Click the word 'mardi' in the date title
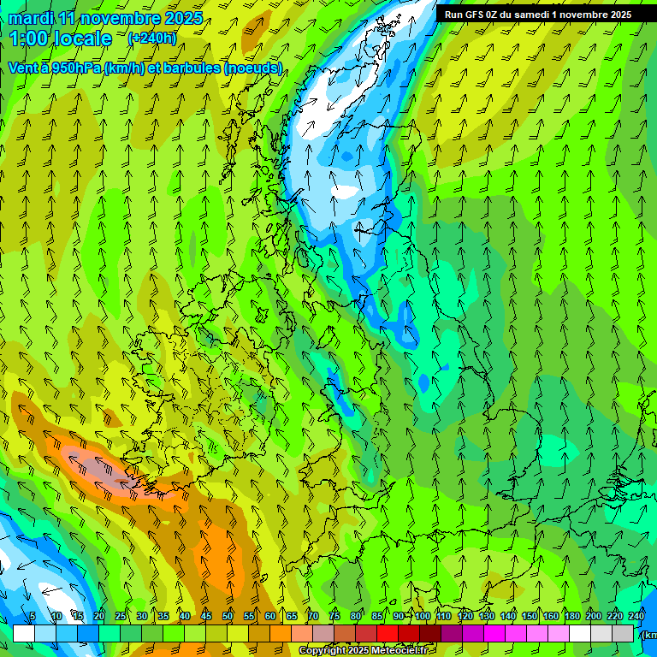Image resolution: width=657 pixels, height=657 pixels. (31, 18)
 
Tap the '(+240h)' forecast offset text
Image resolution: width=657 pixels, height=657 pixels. (152, 38)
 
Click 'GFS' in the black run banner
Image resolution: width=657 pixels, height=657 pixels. (474, 15)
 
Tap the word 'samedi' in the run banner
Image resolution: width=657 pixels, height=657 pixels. (538, 15)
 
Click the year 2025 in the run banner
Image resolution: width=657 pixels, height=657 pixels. (619, 15)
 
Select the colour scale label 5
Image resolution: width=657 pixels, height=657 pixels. (33, 616)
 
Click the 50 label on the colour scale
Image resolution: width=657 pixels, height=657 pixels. (228, 616)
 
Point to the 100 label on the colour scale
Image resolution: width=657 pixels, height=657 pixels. (423, 616)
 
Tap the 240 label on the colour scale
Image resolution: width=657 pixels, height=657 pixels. (636, 616)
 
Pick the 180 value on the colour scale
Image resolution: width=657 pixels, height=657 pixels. (572, 616)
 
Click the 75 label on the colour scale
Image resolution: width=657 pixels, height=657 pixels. (334, 616)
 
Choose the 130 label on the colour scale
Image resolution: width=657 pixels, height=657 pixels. (487, 616)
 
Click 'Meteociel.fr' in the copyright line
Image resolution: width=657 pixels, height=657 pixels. (399, 651)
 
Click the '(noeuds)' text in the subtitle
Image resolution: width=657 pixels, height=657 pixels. (252, 68)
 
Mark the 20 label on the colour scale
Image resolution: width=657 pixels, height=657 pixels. (99, 616)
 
